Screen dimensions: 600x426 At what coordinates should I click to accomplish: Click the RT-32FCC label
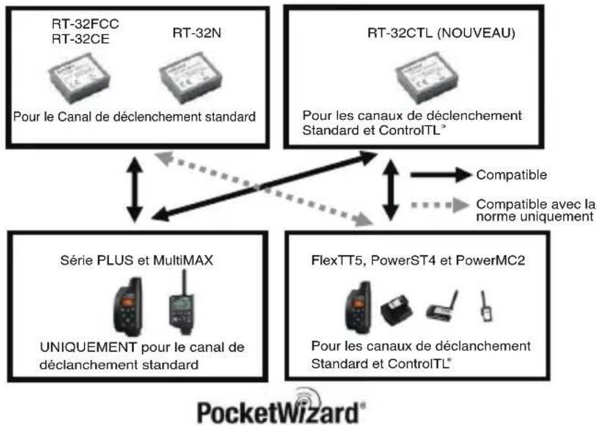(x=86, y=24)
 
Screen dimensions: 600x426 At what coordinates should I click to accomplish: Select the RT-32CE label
(x=81, y=39)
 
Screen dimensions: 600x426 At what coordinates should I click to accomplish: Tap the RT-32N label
(x=197, y=33)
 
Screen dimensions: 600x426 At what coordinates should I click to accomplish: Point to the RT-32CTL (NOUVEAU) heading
(x=441, y=33)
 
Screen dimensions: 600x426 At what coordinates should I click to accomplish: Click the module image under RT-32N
(x=190, y=78)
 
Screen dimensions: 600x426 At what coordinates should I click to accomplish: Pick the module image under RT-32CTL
(x=426, y=78)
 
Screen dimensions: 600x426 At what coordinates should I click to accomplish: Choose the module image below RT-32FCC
(x=79, y=79)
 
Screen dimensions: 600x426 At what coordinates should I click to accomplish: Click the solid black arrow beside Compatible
(x=441, y=175)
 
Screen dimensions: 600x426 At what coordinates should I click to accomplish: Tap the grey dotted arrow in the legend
(x=440, y=205)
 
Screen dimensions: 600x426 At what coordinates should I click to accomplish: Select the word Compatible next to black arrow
(x=512, y=175)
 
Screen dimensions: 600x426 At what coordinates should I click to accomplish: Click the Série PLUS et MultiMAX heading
(x=137, y=261)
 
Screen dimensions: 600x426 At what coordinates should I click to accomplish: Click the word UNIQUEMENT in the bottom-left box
(x=88, y=347)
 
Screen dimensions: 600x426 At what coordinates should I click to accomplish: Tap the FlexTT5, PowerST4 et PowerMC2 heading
(x=418, y=261)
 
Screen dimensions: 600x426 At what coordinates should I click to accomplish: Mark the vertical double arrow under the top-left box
(x=134, y=190)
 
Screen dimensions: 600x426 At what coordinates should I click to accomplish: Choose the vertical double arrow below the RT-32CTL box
(x=390, y=190)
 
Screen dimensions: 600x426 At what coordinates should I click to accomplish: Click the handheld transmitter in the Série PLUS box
(x=128, y=307)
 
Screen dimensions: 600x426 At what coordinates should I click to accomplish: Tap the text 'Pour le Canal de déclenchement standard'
(x=134, y=116)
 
